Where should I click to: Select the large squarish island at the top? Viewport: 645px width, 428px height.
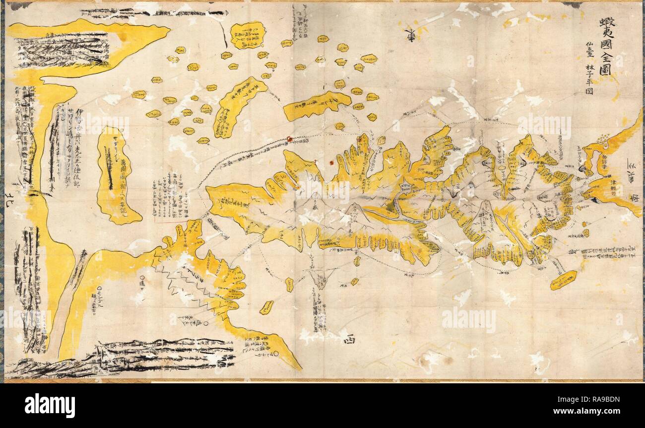[248, 35]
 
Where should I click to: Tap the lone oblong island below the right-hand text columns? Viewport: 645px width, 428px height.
[564, 280]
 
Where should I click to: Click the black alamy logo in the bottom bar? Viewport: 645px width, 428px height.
[50, 405]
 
